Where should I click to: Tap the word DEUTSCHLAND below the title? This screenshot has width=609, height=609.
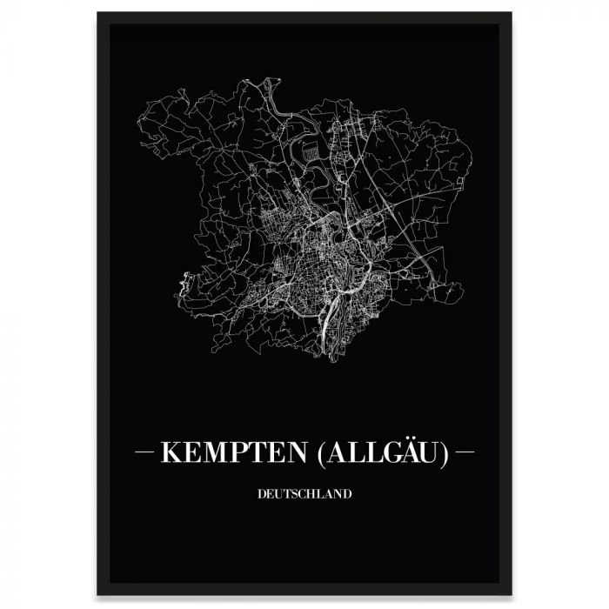304,494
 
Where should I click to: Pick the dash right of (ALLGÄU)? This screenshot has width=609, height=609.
465,453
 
